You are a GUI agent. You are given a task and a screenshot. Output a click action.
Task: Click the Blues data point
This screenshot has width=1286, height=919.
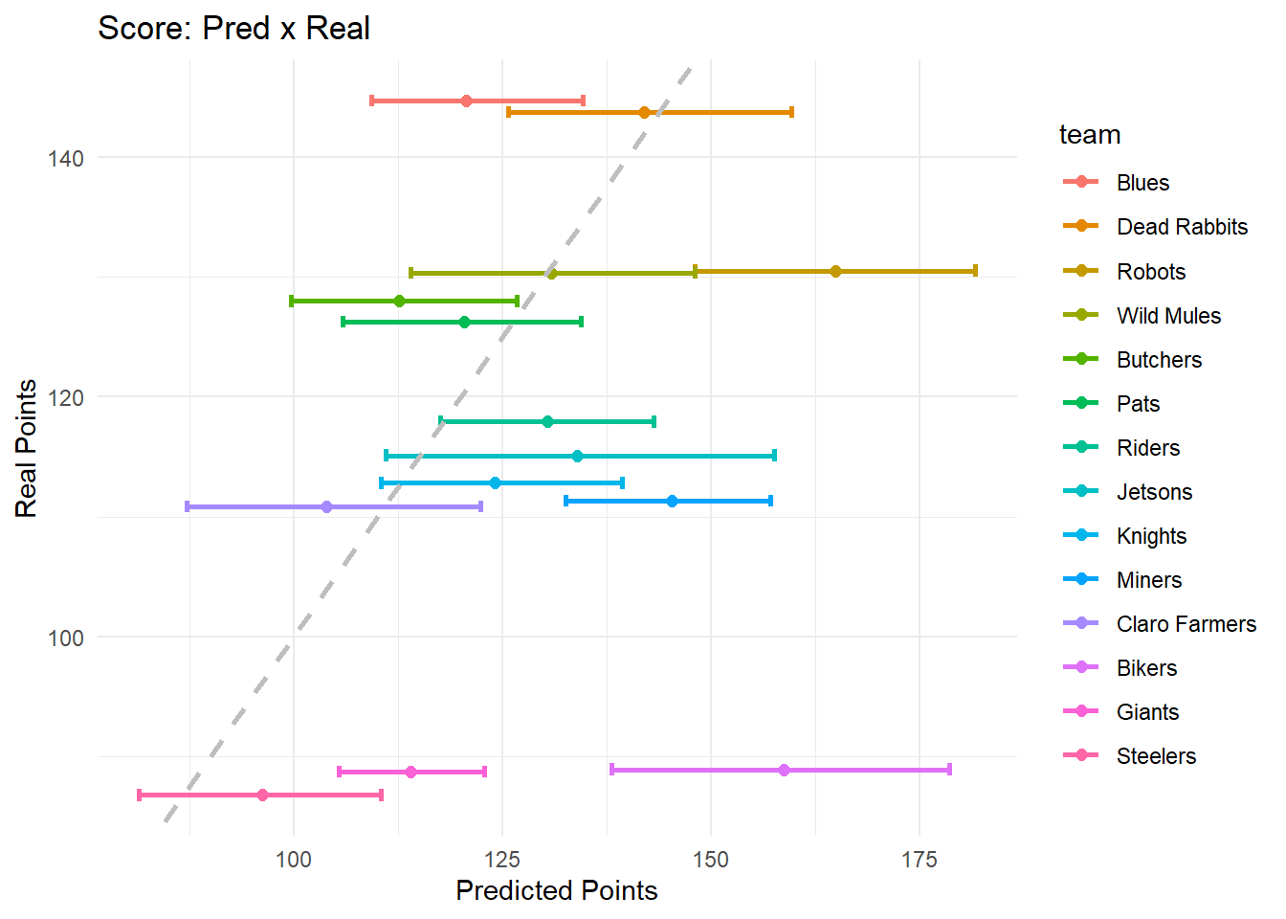pos(466,101)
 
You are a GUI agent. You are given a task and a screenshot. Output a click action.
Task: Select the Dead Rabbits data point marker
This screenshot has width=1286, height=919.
pos(644,112)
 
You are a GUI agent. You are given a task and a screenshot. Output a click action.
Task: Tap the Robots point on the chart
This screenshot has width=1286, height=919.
pos(835,272)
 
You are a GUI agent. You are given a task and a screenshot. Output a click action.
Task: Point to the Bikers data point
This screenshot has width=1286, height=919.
pos(784,770)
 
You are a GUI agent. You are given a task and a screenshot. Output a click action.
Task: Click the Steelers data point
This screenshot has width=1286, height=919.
pos(262,795)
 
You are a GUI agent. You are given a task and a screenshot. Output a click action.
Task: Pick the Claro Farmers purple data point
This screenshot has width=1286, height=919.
pos(326,506)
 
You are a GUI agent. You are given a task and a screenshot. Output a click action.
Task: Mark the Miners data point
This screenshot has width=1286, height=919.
pos(672,501)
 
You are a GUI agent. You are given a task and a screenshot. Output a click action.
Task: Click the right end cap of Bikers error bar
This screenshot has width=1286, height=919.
pos(949,770)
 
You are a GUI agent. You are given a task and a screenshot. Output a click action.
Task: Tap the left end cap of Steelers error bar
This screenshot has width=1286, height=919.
pos(140,795)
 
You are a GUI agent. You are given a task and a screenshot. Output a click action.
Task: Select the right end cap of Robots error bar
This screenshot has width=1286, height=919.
pos(975,272)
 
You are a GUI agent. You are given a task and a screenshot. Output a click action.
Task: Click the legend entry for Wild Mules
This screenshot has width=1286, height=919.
pos(1168,316)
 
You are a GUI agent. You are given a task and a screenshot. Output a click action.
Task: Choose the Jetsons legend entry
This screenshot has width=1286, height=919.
pos(1154,492)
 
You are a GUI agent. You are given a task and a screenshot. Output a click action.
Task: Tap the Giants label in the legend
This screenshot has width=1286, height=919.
pos(1147,712)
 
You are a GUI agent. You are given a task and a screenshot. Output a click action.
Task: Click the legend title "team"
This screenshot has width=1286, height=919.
pos(1090,135)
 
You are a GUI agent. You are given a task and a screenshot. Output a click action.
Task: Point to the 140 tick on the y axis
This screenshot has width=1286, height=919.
pos(65,158)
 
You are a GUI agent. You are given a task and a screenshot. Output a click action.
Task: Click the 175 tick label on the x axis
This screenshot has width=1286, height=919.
pos(919,860)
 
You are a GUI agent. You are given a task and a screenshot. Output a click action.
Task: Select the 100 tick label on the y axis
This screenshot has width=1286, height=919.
pos(65,638)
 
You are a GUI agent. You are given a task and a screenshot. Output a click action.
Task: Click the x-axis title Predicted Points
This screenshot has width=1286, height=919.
pos(556,891)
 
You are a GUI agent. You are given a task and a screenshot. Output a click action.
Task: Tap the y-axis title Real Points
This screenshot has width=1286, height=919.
pos(27,448)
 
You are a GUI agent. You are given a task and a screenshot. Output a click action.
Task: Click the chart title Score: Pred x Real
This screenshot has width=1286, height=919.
pos(233,29)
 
